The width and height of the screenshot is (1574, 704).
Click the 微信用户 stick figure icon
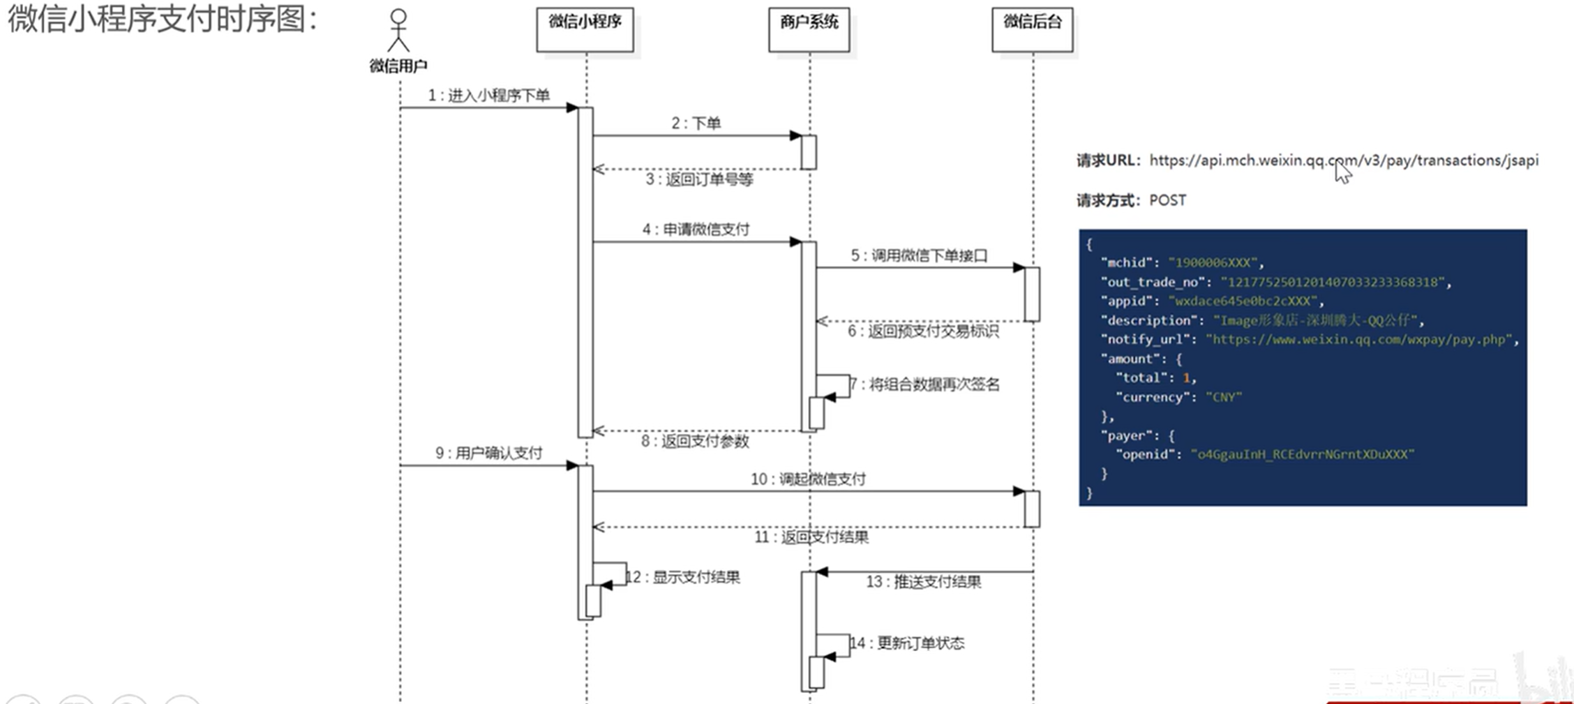click(x=398, y=31)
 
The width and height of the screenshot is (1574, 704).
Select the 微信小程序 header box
click(x=585, y=30)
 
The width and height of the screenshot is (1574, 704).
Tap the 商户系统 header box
click(x=809, y=30)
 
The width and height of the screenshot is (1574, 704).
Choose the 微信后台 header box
click(x=1032, y=30)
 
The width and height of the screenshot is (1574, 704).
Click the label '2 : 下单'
click(x=696, y=123)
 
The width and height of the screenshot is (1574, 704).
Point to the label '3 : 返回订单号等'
click(x=699, y=180)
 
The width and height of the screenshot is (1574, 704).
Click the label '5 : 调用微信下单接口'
click(x=919, y=256)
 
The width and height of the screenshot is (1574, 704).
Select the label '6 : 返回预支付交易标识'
click(x=922, y=331)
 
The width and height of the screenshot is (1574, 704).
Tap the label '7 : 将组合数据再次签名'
click(x=927, y=384)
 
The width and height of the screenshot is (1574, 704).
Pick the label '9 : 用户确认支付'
click(x=488, y=454)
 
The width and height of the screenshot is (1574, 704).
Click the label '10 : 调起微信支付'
click(x=808, y=479)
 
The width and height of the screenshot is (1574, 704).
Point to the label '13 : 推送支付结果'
click(x=923, y=582)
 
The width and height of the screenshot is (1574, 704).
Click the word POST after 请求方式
click(x=1167, y=201)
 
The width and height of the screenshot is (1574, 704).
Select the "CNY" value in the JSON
click(x=1224, y=398)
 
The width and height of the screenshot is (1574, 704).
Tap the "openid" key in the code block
click(x=1146, y=455)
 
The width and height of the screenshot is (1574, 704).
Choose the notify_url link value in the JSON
click(x=1359, y=340)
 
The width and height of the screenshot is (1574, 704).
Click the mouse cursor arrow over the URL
click(x=1342, y=171)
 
